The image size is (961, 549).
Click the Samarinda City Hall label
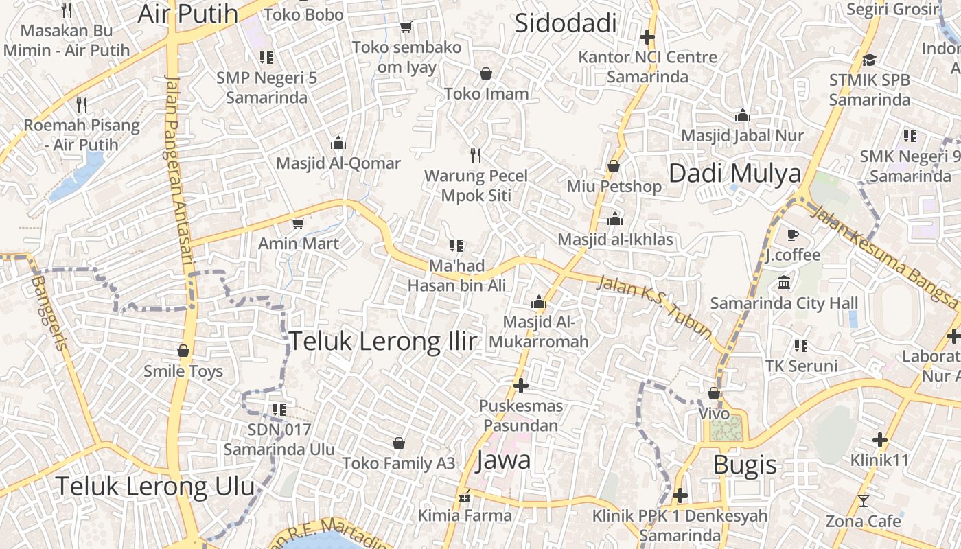784,303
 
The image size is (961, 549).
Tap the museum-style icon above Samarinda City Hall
784,282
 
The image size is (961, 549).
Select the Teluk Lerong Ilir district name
382,341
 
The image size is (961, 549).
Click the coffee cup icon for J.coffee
792,235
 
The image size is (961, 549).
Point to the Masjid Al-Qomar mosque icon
338,143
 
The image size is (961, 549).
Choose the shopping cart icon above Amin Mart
298,223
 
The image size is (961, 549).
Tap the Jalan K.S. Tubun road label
655,307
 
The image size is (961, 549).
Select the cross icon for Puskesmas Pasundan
521,386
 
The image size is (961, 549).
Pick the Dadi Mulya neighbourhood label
734,174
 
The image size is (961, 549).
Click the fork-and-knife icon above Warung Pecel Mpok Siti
475,155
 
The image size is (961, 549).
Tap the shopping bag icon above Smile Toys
183,351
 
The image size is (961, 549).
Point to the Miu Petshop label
614,186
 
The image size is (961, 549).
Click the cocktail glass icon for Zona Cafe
864,500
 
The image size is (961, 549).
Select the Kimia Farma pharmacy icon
465,496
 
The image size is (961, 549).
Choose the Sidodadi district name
566,23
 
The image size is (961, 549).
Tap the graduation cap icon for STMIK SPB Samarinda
869,59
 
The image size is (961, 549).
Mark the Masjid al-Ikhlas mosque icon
615,219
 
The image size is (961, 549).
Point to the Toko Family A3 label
398,463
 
